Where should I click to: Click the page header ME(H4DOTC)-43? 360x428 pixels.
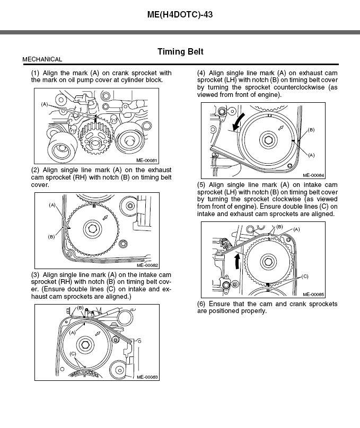tap(180, 14)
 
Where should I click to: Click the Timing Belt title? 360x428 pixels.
tap(180, 52)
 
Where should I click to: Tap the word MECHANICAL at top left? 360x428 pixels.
tap(42, 59)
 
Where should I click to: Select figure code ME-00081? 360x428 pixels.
tap(147, 159)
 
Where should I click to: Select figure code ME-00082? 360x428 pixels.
tap(147, 265)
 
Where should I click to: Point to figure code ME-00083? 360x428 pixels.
tap(147, 377)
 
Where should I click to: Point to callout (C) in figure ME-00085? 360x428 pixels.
tap(305, 276)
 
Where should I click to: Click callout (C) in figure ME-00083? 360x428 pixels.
tap(72, 353)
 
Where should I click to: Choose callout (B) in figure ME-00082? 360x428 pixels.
tap(51, 237)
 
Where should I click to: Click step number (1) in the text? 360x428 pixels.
tap(36, 73)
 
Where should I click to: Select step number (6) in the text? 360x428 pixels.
tap(201, 304)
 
